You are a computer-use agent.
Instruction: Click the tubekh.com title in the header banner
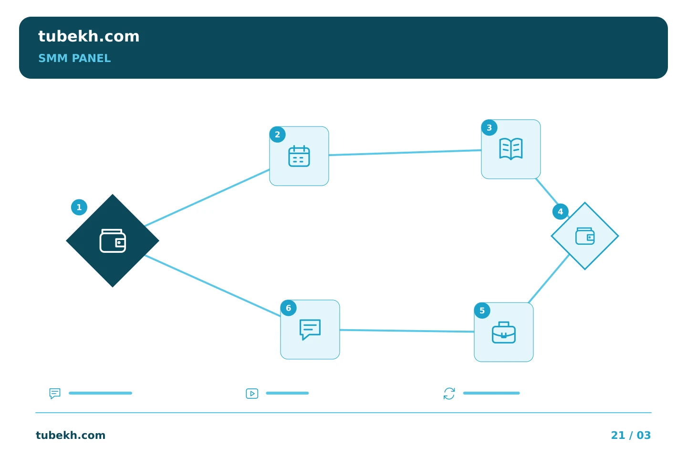click(x=89, y=36)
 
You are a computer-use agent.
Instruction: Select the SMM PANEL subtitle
click(x=74, y=58)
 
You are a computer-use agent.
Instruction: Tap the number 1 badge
click(x=79, y=208)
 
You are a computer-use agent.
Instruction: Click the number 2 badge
click(x=278, y=135)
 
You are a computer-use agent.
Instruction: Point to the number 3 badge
click(x=489, y=127)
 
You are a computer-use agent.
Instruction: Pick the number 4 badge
click(x=560, y=212)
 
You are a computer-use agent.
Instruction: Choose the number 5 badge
click(x=482, y=311)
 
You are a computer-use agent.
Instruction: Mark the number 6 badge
click(x=289, y=308)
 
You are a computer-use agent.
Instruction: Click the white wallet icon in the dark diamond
click(x=113, y=241)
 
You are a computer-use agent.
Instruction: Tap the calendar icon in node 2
click(x=299, y=156)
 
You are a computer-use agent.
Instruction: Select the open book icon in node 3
click(x=511, y=149)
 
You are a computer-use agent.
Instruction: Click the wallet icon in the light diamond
click(x=585, y=236)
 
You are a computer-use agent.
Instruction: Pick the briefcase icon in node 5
click(x=504, y=333)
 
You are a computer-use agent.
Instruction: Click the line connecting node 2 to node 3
click(x=405, y=153)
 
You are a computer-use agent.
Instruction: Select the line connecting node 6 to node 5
click(x=406, y=331)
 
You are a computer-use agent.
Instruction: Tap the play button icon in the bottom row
click(x=252, y=394)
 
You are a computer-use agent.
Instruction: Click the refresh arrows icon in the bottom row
click(x=449, y=394)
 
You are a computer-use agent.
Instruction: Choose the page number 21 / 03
click(x=631, y=435)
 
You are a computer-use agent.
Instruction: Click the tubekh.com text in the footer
click(x=71, y=435)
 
